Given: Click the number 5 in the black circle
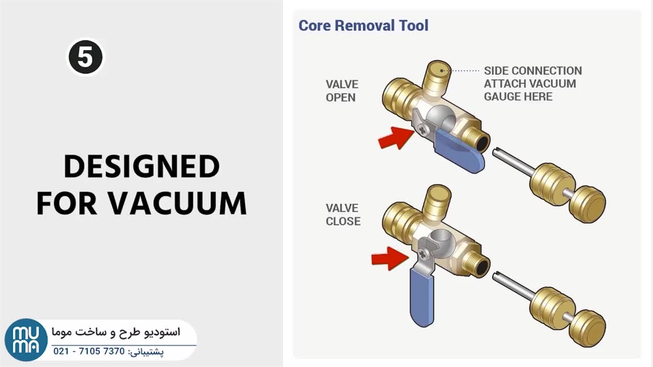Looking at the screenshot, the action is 86,57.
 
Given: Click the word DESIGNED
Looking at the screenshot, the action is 142,166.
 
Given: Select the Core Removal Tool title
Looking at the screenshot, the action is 364,25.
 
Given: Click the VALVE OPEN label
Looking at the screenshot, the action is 342,91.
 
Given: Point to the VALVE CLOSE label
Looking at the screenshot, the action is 343,215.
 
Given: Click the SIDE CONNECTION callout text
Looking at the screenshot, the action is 533,71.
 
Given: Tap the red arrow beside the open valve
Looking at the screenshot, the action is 395,138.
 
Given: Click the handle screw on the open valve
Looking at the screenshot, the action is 422,129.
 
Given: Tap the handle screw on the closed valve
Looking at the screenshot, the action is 422,254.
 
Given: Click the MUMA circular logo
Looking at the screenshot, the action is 26,340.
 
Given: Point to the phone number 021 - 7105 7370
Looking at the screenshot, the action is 89,351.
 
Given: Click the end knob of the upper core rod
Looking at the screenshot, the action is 588,204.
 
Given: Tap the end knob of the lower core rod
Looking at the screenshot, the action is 588,328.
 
